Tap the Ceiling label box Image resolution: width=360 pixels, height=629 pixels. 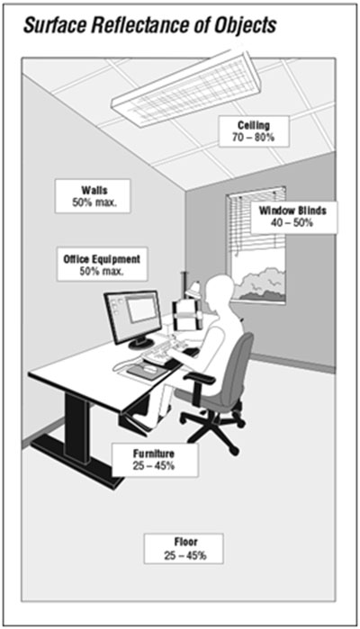point(254,131)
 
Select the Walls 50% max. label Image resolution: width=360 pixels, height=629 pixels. point(93,196)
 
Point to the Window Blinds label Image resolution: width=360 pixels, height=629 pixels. point(293,217)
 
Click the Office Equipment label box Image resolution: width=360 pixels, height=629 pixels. point(102,264)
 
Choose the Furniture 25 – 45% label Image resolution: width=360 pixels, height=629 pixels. point(155,460)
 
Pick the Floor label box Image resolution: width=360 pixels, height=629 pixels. point(184,549)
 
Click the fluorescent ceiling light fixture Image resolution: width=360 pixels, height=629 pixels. point(186,88)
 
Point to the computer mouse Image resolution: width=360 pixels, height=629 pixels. point(149,369)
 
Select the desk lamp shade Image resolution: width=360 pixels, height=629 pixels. point(195,290)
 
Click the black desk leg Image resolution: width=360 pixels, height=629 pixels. point(77,427)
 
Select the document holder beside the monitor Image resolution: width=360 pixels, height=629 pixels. point(186,315)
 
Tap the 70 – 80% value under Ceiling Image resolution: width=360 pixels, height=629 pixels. point(254,137)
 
